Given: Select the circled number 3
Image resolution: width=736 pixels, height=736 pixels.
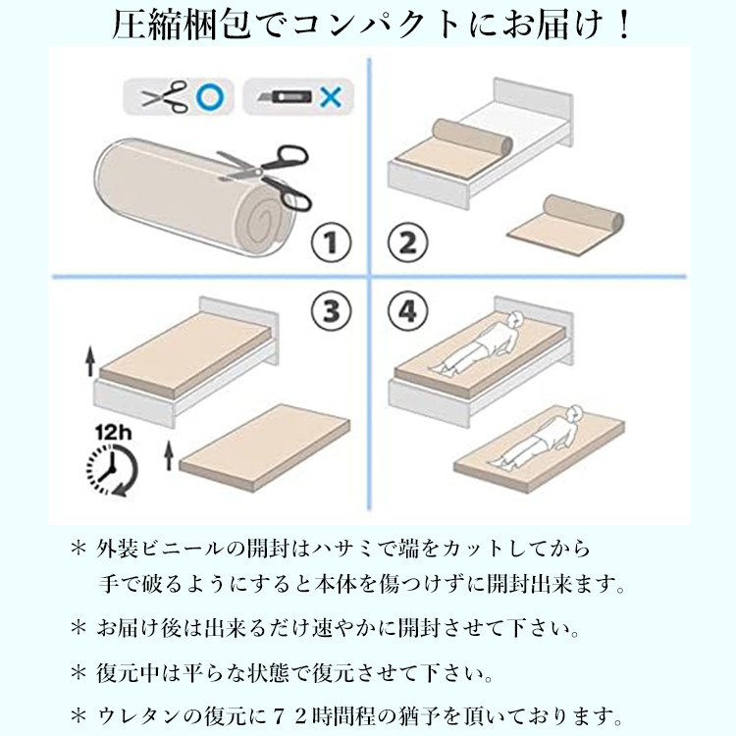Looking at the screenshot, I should click(330, 311).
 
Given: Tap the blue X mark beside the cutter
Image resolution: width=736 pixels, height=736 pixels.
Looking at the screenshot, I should click(332, 97).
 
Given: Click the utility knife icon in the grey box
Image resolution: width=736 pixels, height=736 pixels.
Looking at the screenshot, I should click(286, 97).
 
